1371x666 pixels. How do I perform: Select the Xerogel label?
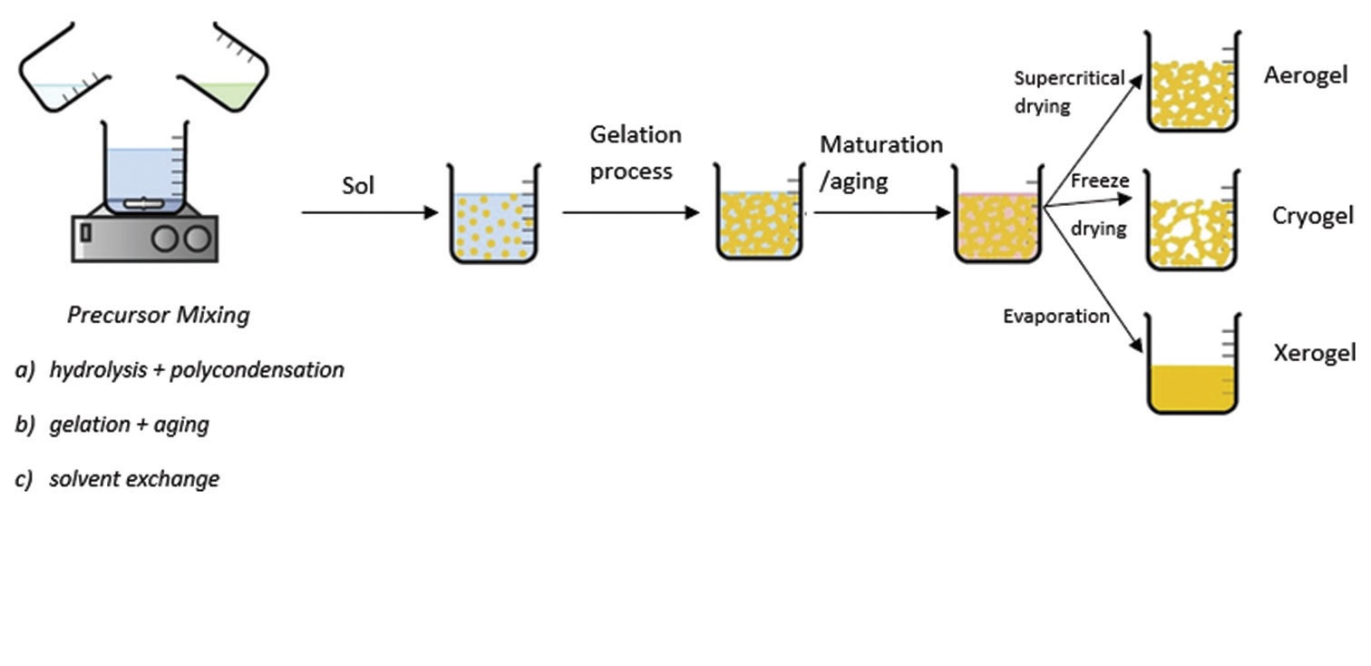coord(1314,353)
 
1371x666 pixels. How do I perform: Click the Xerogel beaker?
coord(1191,365)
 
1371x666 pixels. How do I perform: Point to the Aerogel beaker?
coord(1191,83)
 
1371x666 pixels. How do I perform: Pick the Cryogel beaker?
coord(1191,222)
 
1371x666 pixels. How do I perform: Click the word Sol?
coord(357,187)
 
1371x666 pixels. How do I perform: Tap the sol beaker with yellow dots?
coord(494,218)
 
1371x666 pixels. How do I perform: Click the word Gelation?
coord(636,135)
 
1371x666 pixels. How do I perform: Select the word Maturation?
coord(881,145)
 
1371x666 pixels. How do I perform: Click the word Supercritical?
coord(1070,77)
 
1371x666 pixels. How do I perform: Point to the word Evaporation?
coord(1056,317)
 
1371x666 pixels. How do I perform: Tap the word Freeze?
coord(1100,181)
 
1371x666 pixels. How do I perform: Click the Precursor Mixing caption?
coord(159,316)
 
